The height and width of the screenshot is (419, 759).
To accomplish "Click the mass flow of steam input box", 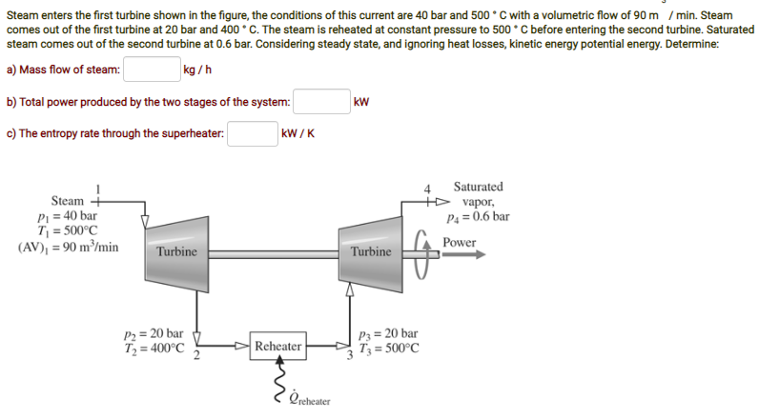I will tap(152, 70).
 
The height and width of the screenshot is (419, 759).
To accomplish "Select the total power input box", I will tap(321, 102).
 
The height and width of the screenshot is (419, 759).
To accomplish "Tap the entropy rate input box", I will tap(252, 133).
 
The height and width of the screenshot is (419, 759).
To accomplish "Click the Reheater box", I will tap(278, 347).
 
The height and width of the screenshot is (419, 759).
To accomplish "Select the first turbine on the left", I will tap(176, 250).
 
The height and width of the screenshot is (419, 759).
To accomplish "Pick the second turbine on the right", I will tap(370, 250).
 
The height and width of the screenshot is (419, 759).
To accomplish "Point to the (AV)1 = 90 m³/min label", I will tap(68, 246).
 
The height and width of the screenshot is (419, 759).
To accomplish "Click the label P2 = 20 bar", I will tap(154, 333).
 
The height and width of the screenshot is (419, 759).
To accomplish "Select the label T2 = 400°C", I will tap(154, 348).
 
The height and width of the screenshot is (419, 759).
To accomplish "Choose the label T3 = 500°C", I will tap(387, 349).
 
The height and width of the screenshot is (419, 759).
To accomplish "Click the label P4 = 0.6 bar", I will tap(478, 217).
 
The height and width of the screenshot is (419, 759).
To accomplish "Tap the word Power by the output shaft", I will tap(459, 243).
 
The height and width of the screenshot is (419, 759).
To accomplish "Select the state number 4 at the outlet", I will tap(428, 188).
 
